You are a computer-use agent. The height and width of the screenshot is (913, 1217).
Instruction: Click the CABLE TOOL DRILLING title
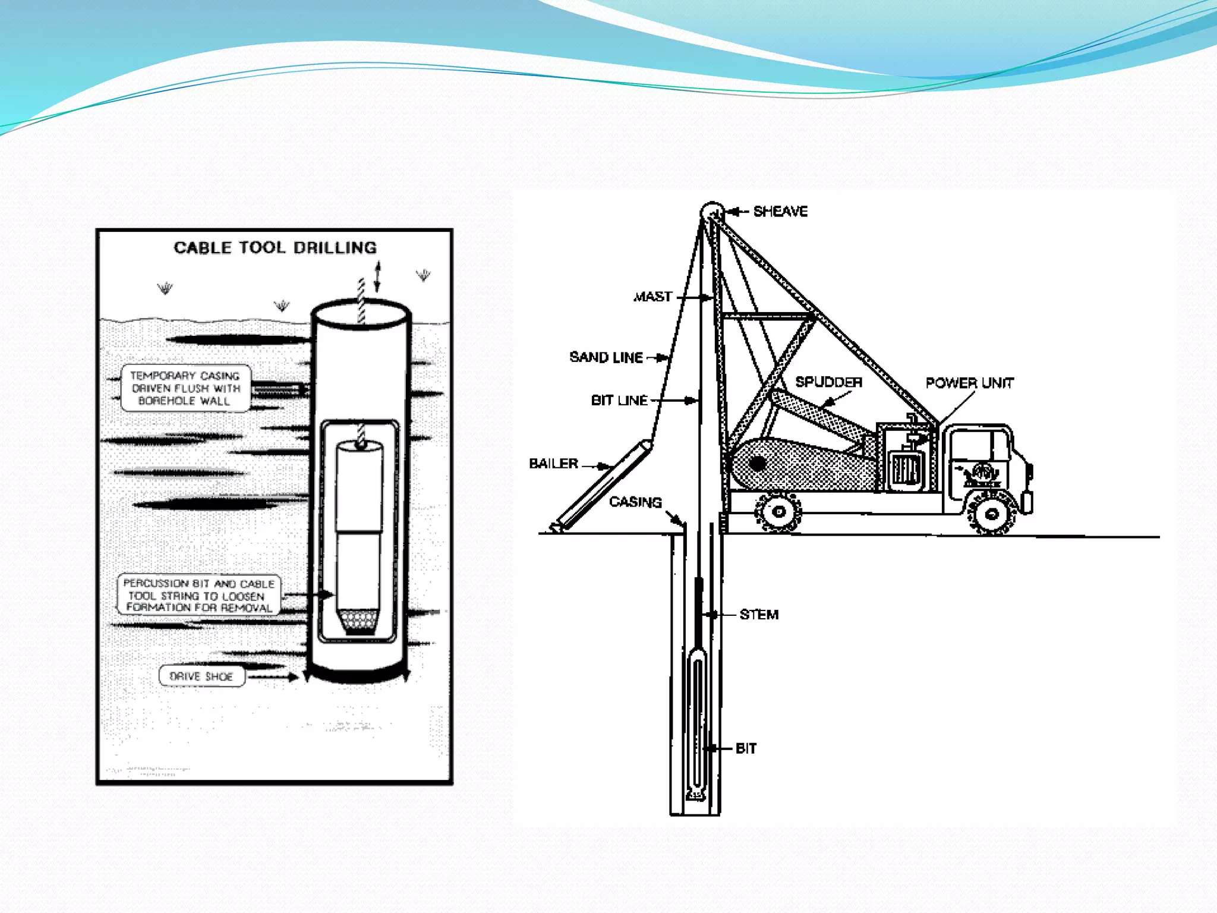275,247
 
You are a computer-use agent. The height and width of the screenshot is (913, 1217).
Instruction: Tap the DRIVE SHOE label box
201,676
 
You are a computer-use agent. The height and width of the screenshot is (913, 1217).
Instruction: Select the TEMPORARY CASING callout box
185,388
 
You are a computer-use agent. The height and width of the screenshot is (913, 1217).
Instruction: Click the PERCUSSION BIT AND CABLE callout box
198,595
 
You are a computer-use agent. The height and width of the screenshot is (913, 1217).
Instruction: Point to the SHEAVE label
780,212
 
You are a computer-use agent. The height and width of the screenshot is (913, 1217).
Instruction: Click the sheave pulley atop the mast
712,212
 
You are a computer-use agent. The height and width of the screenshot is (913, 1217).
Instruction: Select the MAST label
652,296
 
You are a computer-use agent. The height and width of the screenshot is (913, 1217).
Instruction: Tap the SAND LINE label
606,357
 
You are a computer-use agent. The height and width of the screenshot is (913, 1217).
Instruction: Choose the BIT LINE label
619,401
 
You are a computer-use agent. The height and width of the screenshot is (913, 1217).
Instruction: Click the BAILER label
553,464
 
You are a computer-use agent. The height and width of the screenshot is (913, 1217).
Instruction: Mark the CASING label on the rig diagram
635,502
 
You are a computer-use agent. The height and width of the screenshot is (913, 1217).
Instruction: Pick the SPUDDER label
828,382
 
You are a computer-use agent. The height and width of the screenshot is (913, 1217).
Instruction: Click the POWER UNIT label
969,383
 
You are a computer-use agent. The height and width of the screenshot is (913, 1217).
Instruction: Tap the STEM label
759,615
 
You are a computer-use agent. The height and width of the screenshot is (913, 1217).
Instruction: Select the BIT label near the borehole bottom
746,748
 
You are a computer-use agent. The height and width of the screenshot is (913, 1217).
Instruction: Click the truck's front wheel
991,514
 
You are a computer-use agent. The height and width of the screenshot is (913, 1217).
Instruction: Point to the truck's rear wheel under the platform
778,511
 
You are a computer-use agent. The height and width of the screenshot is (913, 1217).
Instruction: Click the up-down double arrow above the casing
377,276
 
